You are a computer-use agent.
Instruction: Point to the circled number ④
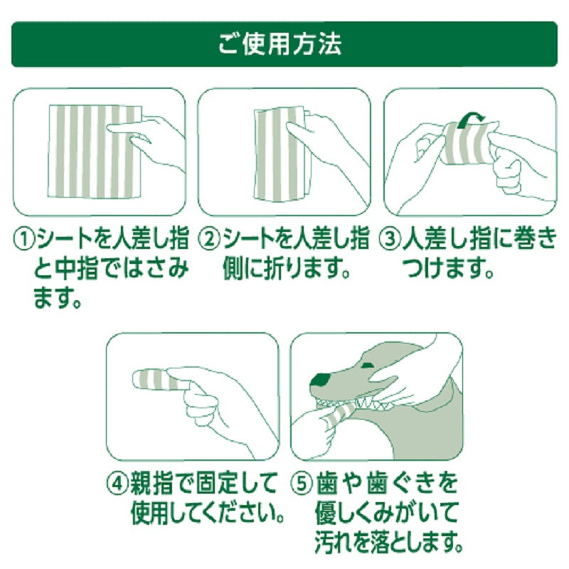(117, 486)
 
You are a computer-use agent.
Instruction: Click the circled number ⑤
(302, 486)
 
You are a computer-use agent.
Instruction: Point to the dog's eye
(369, 365)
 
